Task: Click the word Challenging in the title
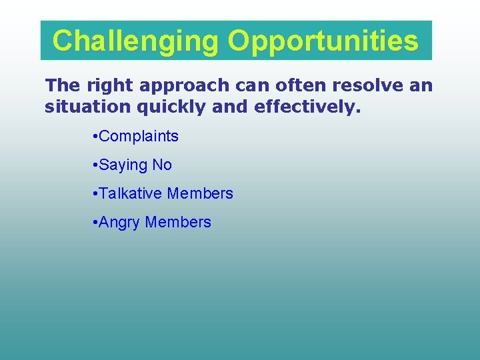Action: [x=135, y=41]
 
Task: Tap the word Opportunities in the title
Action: [x=323, y=41]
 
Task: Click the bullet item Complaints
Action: [x=139, y=137]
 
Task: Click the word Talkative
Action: [x=131, y=194]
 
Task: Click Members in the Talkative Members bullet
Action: [x=200, y=194]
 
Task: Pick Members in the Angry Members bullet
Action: [x=178, y=223]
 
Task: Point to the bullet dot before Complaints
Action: [x=95, y=137]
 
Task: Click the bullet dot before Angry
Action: [x=95, y=223]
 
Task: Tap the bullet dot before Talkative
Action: [x=95, y=194]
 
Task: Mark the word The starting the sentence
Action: [x=62, y=86]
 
